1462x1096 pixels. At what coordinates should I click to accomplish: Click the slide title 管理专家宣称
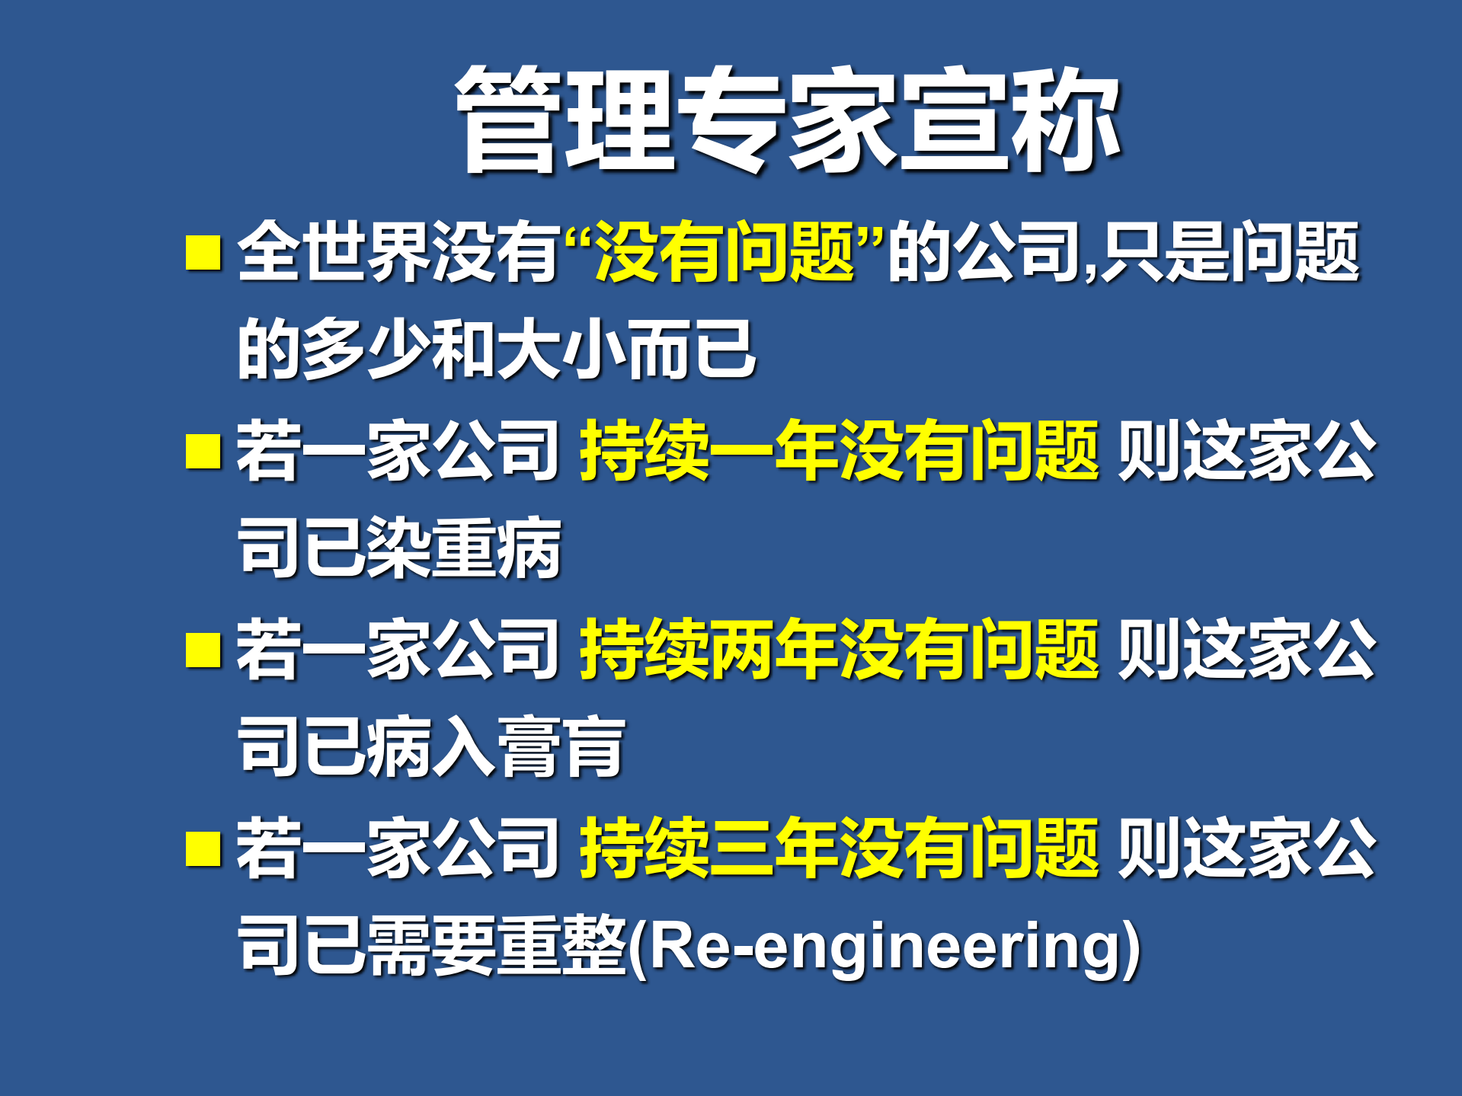(789, 120)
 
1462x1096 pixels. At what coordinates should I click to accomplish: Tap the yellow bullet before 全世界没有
(203, 253)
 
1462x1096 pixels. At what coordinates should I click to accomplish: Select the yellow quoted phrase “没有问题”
(724, 251)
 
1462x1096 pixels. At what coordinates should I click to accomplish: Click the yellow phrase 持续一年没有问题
(839, 451)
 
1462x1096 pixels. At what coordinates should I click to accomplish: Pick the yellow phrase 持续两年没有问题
(839, 649)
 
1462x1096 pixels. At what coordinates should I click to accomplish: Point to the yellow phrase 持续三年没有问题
(839, 847)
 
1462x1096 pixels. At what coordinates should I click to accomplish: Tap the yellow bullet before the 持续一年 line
(203, 451)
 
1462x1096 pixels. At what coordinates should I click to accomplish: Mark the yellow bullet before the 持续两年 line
(203, 650)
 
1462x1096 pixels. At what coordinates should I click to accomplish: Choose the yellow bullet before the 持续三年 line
(203, 848)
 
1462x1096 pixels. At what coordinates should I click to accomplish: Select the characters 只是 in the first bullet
(1166, 251)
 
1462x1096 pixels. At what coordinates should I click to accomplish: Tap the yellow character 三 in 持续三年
(741, 847)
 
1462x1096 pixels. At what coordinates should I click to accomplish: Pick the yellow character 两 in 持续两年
(741, 649)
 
